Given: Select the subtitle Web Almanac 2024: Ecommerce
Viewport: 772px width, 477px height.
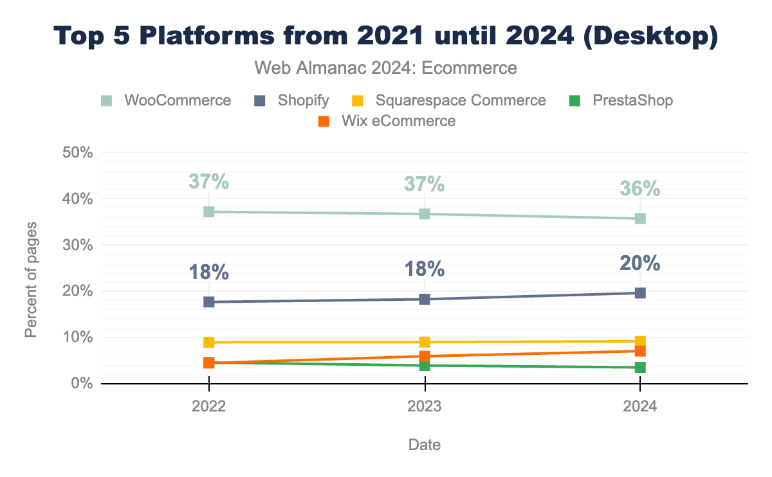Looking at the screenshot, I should tap(386, 67).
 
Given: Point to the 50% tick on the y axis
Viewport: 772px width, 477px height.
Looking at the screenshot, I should tap(78, 153).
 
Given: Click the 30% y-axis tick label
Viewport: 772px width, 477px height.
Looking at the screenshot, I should tap(78, 246).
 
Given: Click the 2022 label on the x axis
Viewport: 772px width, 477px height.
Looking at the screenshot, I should tap(208, 406).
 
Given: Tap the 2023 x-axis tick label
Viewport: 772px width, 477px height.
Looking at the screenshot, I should tap(425, 406).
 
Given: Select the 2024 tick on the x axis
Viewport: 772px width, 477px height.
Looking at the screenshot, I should tap(640, 406).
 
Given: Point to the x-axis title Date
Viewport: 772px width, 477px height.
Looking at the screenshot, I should tap(425, 445).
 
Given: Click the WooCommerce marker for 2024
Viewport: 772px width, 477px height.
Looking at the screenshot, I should tap(640, 219).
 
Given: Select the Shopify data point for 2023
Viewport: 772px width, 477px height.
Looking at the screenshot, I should tap(425, 299).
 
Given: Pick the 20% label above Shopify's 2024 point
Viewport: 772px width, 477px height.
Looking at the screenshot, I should tap(640, 264).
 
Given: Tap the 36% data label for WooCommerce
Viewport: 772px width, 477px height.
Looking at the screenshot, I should tap(640, 189).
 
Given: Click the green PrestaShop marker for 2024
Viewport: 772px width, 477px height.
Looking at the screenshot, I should tap(640, 367).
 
